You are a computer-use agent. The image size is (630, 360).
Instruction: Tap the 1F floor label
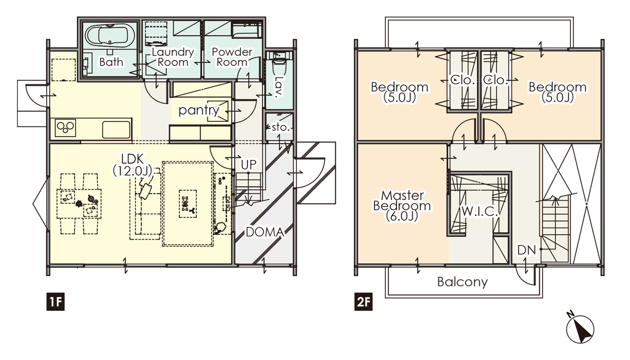pyautogui.click(x=56, y=301)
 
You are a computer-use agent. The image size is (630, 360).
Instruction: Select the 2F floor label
pyautogui.click(x=364, y=301)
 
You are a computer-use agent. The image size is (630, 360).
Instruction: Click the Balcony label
pyautogui.click(x=462, y=281)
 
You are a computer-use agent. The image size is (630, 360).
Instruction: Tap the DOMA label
pyautogui.click(x=265, y=232)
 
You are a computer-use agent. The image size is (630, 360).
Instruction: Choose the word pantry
pyautogui.click(x=199, y=110)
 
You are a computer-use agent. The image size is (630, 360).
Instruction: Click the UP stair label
pyautogui.click(x=249, y=164)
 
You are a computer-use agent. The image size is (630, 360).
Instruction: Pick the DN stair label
pyautogui.click(x=526, y=250)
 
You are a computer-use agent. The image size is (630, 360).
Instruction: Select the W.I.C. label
pyautogui.click(x=480, y=211)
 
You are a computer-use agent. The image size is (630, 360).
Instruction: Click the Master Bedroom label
pyautogui.click(x=402, y=205)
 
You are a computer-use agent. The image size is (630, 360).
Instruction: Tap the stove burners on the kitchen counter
pyautogui.click(x=66, y=128)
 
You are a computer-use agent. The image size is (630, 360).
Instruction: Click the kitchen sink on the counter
pyautogui.click(x=116, y=129)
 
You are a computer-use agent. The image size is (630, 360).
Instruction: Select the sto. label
pyautogui.click(x=281, y=127)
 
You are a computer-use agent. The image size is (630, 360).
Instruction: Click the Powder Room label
pyautogui.click(x=232, y=57)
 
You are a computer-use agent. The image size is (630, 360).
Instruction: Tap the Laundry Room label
pyautogui.click(x=173, y=57)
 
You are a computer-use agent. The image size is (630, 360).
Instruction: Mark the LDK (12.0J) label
pyautogui.click(x=133, y=165)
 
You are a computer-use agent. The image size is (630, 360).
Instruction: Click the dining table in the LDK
pyautogui.click(x=79, y=204)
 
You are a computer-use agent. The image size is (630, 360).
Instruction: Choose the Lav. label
pyautogui.click(x=278, y=86)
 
